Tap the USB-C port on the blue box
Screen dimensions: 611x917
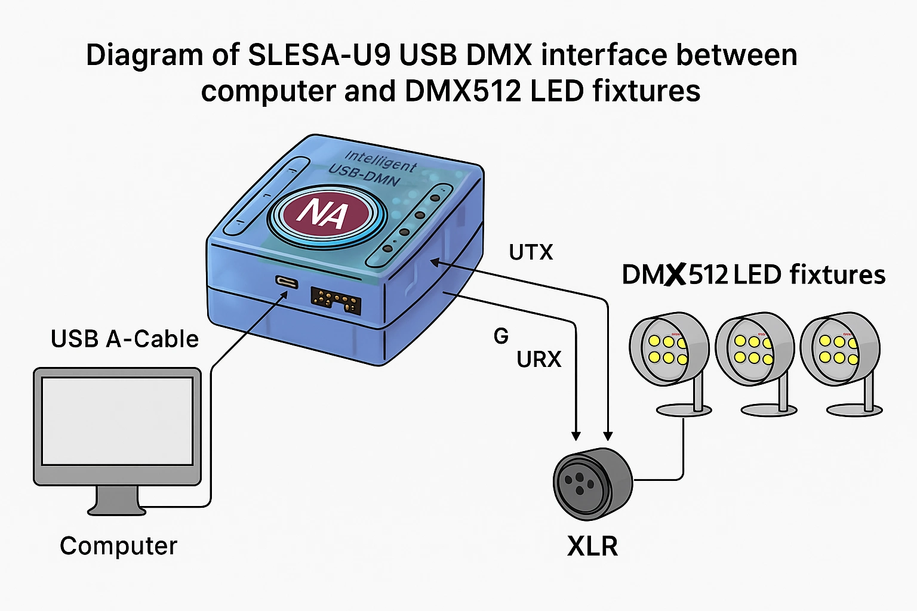tap(287, 282)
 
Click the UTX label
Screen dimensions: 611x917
tap(531, 252)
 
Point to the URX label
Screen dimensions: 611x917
tap(539, 359)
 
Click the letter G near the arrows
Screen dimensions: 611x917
tap(501, 337)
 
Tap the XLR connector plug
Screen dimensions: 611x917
tap(591, 481)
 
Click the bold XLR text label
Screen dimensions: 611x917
tap(592, 546)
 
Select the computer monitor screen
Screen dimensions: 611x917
tap(117, 421)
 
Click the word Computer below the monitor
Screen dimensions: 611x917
tap(118, 546)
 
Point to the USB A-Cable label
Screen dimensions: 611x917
tap(124, 339)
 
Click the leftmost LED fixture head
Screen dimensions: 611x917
tap(668, 349)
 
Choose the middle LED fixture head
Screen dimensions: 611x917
tap(754, 350)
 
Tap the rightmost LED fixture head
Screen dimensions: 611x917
tap(839, 349)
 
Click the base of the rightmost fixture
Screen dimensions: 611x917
tap(854, 410)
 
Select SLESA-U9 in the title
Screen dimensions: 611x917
tap(319, 55)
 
